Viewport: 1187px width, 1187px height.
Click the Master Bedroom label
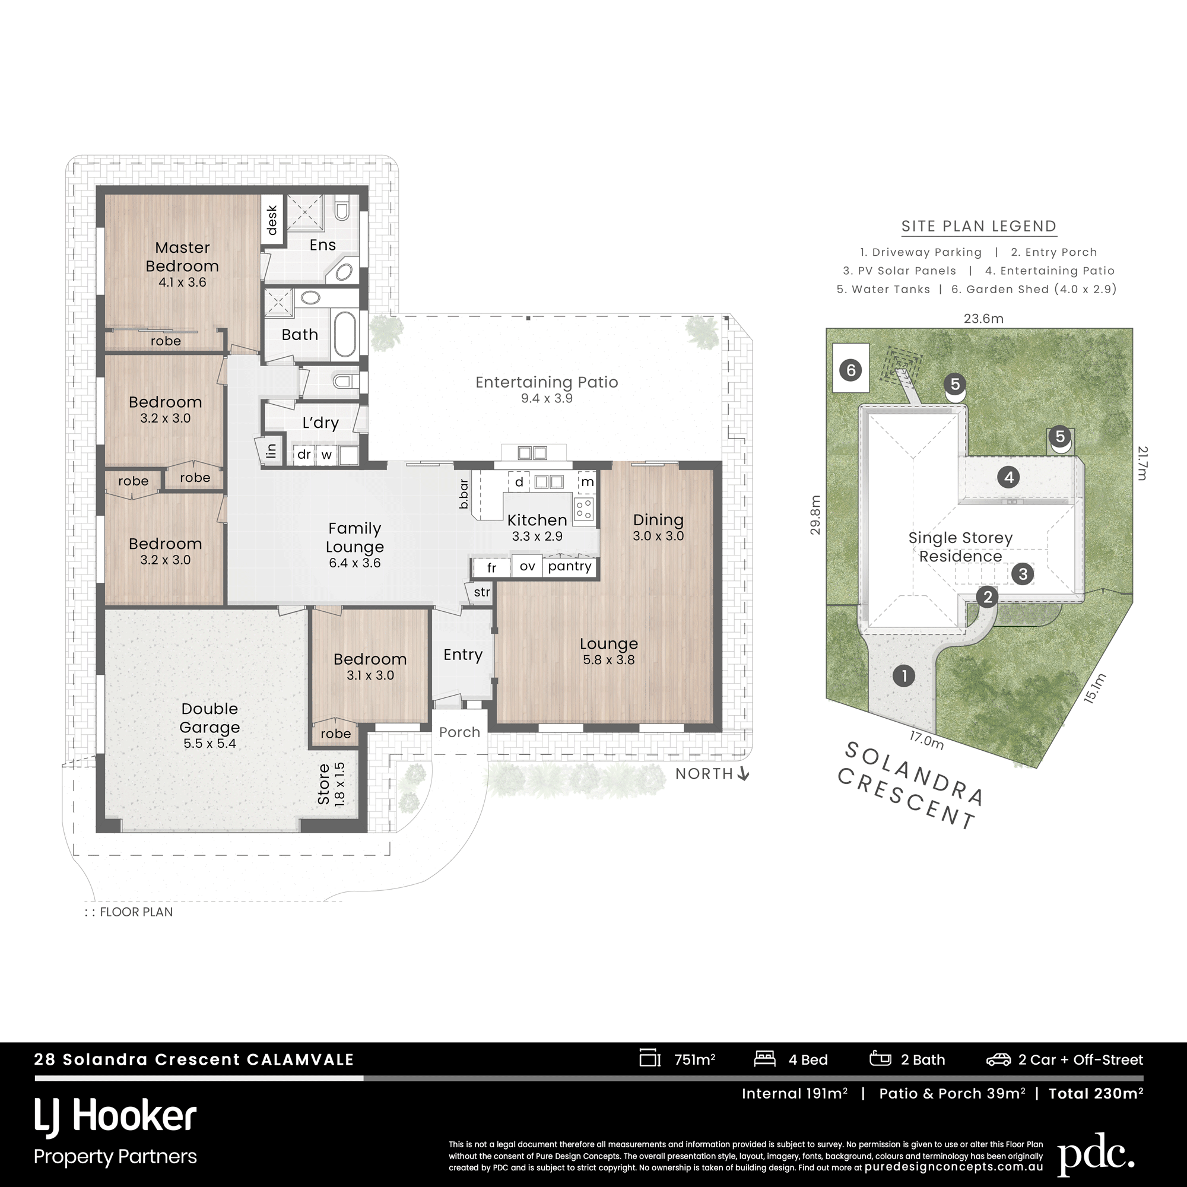pos(182,257)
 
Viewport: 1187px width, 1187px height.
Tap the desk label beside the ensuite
pos(272,220)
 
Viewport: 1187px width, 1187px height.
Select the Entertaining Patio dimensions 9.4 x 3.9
pos(547,398)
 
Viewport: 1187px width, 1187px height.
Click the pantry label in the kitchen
pos(570,566)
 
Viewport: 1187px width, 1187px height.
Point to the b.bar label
pos(464,493)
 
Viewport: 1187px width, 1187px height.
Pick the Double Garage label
pos(210,718)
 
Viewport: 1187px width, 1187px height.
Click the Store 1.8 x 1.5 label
pos(332,784)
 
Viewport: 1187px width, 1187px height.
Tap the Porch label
pos(459,732)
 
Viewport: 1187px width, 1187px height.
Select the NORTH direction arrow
pos(744,774)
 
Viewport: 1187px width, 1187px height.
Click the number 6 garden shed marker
pos(851,370)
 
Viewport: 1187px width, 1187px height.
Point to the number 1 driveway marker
pos(904,677)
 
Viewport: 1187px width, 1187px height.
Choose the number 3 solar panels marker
pos(1023,574)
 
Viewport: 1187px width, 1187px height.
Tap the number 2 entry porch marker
pos(988,596)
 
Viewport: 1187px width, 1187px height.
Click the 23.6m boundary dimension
pos(983,318)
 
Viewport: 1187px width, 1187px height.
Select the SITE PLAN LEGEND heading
pos(979,226)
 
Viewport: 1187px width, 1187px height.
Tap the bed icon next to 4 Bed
pos(765,1059)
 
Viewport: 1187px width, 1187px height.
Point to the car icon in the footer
pos(998,1059)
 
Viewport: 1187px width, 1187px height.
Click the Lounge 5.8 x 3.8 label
pos(609,651)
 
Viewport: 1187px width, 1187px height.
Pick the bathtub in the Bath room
pos(344,334)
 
